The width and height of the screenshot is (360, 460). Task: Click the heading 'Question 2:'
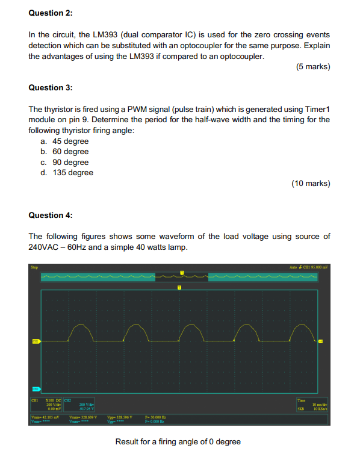click(51, 12)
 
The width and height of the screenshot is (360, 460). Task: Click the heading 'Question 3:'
click(51, 87)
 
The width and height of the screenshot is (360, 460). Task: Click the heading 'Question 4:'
click(51, 215)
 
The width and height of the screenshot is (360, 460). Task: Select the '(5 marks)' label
click(312, 67)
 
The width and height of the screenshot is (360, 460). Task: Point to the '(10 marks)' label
click(310, 183)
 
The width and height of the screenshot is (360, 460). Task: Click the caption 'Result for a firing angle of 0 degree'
click(178, 442)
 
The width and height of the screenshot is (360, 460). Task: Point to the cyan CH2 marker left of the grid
click(36, 389)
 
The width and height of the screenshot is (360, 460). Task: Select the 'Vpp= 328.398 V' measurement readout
click(119, 416)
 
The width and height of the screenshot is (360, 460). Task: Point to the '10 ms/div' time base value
click(319, 404)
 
